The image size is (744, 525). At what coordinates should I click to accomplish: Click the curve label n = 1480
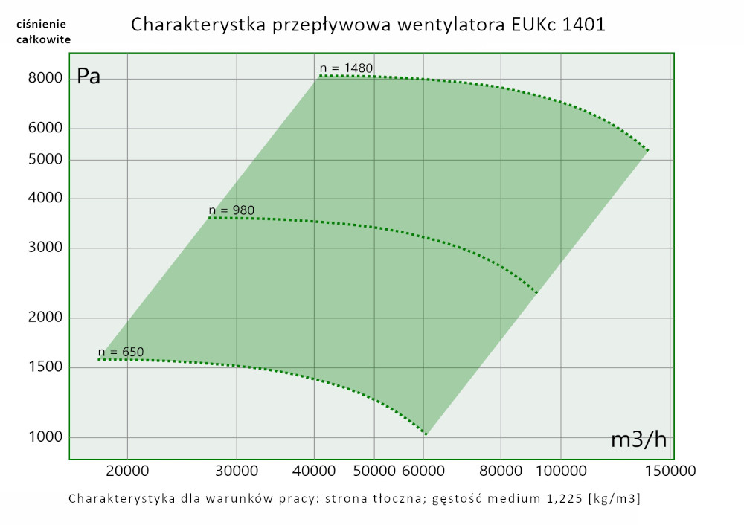click(346, 68)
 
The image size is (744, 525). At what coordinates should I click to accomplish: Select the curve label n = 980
click(231, 210)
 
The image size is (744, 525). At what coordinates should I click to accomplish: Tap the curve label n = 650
click(121, 352)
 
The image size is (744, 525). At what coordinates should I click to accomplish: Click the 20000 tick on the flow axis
click(127, 470)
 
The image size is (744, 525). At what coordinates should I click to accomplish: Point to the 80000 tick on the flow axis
click(500, 470)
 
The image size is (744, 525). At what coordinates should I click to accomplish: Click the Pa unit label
click(89, 77)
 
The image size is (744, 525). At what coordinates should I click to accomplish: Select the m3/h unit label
click(638, 439)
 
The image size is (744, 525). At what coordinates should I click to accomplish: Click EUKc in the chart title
click(532, 25)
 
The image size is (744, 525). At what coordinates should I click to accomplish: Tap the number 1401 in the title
click(584, 25)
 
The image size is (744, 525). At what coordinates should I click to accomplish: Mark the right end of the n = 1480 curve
click(648, 150)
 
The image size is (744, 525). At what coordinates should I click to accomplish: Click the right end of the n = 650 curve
click(426, 434)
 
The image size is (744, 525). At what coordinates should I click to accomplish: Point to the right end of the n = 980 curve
click(536, 292)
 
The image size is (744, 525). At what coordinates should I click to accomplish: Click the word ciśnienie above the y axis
click(44, 24)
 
